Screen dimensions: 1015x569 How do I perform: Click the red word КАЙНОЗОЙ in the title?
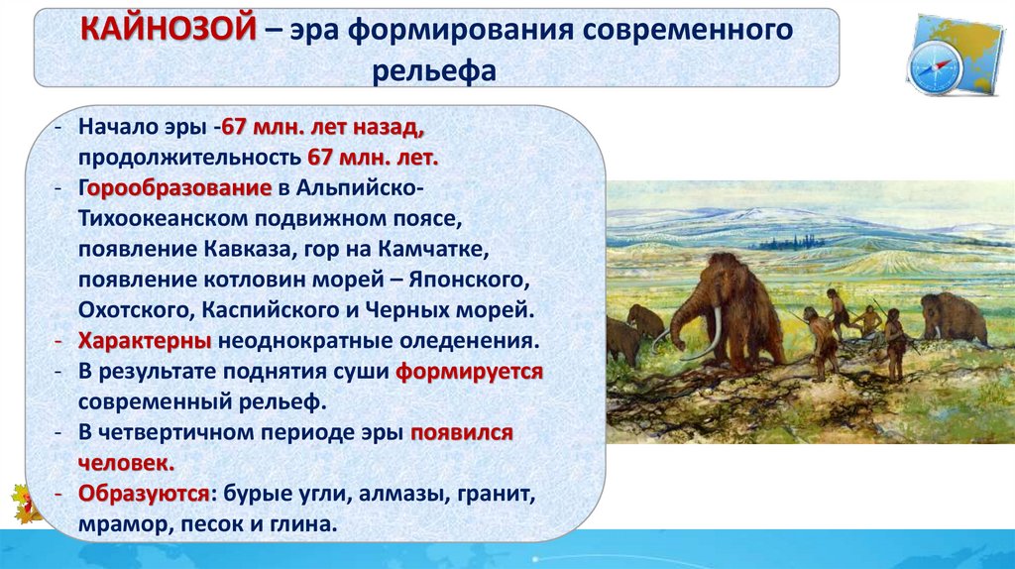click(x=169, y=30)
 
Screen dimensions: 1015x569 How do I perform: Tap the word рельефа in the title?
click(x=434, y=71)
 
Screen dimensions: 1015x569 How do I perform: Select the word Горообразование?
click(x=174, y=188)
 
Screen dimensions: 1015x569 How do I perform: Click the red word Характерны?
click(x=145, y=341)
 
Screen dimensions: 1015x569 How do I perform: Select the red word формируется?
click(x=469, y=372)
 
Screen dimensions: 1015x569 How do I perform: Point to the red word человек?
click(x=126, y=464)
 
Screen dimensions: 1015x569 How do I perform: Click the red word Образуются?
click(x=144, y=494)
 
